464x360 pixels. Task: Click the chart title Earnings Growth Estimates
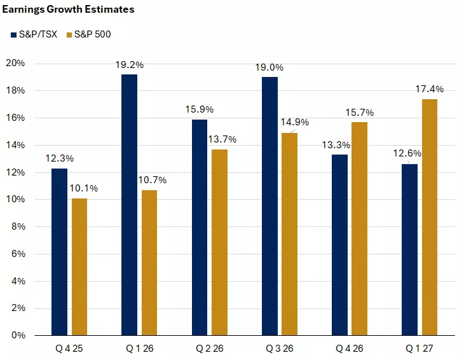click(68, 10)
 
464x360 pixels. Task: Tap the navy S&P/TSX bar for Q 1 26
click(129, 204)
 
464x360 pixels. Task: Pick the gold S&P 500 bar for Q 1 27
click(429, 217)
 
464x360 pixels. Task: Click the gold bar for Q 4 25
click(79, 267)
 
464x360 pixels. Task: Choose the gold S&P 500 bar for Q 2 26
click(219, 242)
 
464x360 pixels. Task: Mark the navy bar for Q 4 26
click(339, 244)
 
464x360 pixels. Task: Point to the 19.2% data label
click(130, 65)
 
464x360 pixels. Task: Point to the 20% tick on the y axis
click(16, 64)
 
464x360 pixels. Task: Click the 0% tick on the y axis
click(18, 335)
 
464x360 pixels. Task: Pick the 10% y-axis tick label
click(16, 200)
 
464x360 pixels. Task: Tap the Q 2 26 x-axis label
click(210, 348)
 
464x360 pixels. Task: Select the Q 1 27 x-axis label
click(420, 348)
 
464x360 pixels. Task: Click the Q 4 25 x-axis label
click(70, 348)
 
